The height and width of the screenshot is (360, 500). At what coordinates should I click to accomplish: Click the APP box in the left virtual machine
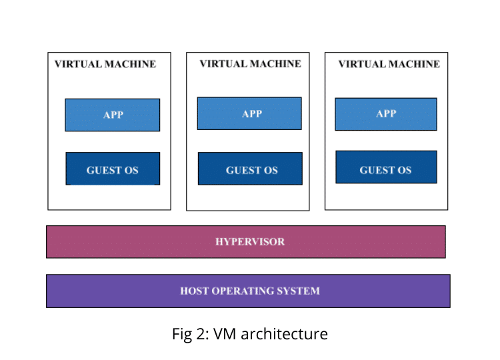click(x=112, y=115)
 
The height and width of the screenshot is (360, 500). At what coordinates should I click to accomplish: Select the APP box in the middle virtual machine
click(x=249, y=113)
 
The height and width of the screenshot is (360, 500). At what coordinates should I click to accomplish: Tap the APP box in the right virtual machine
click(x=385, y=114)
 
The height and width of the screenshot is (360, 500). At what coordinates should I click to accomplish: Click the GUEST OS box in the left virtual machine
click(x=112, y=169)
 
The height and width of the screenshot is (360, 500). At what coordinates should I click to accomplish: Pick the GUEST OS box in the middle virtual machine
click(x=250, y=169)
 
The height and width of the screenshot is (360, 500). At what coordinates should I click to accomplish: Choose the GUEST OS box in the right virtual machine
click(x=386, y=167)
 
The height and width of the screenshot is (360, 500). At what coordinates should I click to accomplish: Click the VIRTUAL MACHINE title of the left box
click(x=105, y=65)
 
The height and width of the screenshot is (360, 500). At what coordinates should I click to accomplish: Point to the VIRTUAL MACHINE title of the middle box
click(x=250, y=64)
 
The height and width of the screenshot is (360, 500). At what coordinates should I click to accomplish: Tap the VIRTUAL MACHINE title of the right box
click(x=389, y=65)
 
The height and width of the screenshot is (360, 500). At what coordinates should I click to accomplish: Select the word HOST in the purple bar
click(x=194, y=291)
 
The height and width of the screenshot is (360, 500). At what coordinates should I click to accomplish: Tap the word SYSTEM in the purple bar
click(x=299, y=291)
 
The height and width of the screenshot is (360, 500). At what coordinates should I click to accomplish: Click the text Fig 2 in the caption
click(x=189, y=333)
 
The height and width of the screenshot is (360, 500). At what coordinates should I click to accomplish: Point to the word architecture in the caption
click(x=288, y=333)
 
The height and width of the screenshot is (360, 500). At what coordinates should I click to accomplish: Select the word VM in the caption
click(x=231, y=333)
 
